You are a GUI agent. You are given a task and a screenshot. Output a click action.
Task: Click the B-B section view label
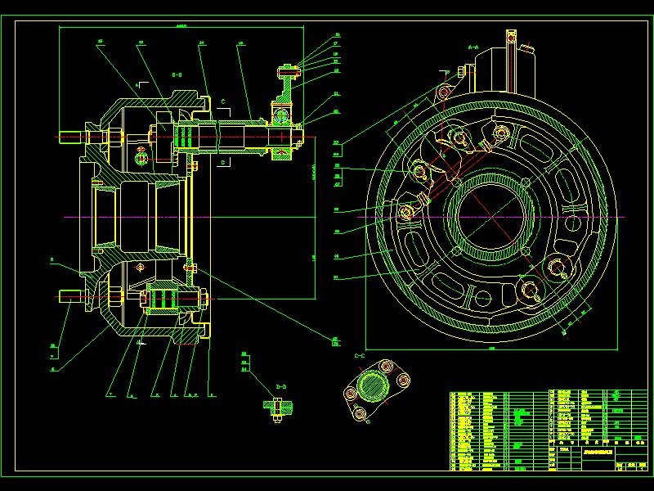tap(176, 74)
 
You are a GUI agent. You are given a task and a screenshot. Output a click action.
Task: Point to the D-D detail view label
tap(281, 385)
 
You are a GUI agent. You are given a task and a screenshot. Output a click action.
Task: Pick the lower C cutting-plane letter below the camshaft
tap(222, 162)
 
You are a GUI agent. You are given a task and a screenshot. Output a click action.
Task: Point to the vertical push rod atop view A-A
tap(511, 61)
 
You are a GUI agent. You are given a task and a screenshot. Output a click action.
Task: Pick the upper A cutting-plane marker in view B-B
tap(140, 83)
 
